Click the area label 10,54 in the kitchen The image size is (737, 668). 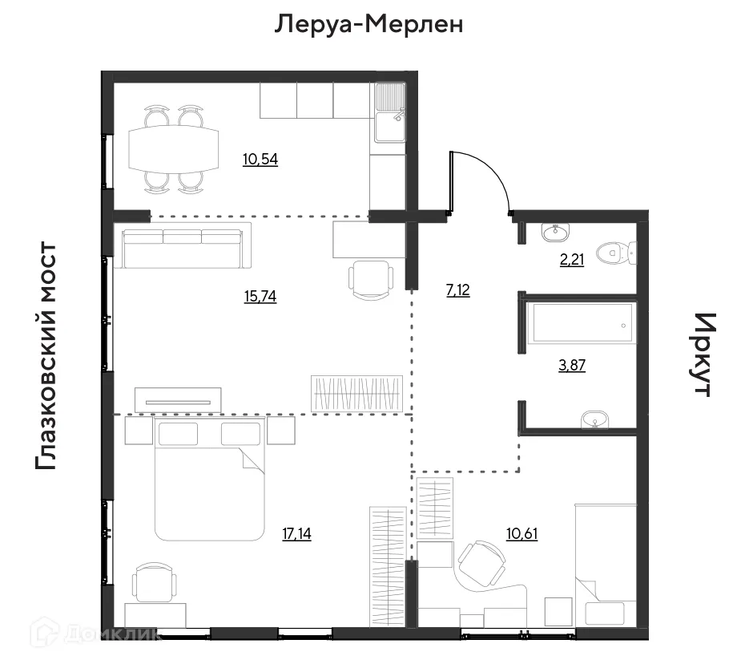(260, 159)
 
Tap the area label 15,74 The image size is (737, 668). (260, 296)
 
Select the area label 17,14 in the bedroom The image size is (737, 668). (296, 533)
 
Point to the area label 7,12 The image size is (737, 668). (457, 290)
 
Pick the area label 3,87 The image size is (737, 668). (570, 366)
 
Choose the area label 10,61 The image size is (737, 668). (522, 533)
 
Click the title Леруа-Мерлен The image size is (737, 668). (369, 25)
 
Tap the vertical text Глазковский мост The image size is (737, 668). (46, 356)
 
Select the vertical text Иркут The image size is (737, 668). (701, 354)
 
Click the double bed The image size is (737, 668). (208, 480)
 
